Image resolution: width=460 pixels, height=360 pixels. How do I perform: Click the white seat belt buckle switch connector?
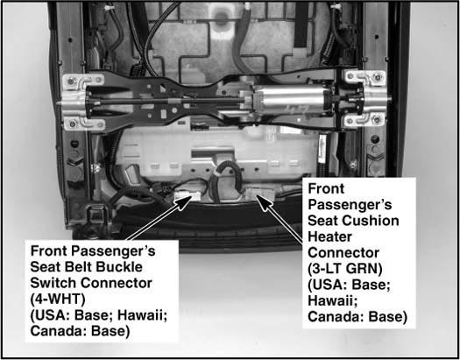pos(188,195)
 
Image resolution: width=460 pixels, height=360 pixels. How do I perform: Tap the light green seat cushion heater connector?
pos(260,193)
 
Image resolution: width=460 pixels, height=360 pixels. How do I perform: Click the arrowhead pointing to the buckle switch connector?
pos(186,202)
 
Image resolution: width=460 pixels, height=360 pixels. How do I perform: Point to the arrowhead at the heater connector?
pos(263,203)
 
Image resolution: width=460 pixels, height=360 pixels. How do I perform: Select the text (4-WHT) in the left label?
pos(58,299)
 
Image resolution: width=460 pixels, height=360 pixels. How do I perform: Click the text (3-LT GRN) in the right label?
pos(345,269)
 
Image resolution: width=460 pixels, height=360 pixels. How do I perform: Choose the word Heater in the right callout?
pos(329,236)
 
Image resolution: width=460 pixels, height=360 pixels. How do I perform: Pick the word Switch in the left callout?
pos(53,283)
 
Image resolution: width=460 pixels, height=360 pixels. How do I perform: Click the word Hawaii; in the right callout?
pos(333,301)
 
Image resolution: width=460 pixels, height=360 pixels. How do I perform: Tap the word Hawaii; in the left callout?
pos(143,315)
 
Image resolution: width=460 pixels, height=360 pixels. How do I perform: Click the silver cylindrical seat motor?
pos(290,100)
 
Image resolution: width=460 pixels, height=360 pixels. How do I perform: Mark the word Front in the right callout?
pos(326,188)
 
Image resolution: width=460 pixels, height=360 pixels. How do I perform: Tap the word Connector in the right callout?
pos(343,252)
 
